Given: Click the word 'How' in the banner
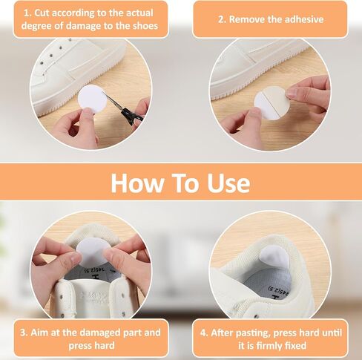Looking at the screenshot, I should [141, 183].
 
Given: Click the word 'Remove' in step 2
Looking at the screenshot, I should [248, 19].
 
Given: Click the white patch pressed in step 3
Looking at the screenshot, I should [93, 250].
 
